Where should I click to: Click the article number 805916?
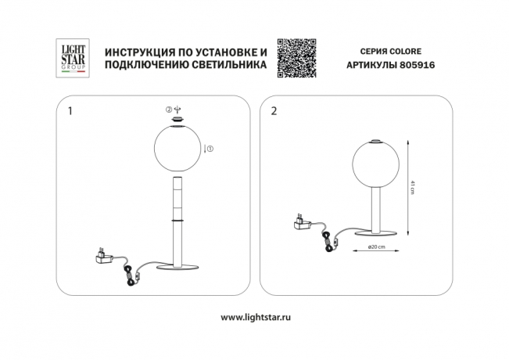(418, 66)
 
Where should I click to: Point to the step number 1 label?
(71, 111)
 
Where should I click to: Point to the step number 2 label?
(273, 111)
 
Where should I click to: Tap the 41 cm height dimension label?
(411, 187)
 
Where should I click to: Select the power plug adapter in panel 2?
(301, 225)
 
